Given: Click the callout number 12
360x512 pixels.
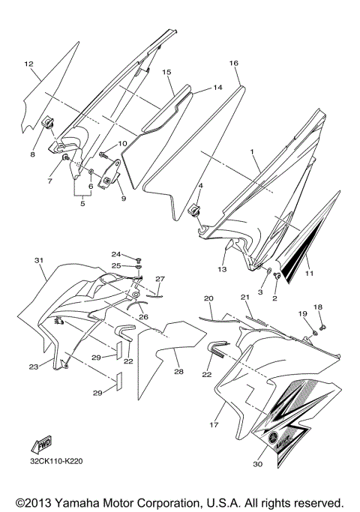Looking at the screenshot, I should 29,64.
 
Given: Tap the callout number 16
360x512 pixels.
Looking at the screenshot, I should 233,63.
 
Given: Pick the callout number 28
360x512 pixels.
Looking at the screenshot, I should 178,371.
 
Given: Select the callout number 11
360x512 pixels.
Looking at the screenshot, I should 308,274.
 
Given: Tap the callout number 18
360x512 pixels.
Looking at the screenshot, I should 319,307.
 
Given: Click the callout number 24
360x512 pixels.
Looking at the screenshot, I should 116,253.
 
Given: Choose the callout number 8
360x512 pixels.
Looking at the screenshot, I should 33,154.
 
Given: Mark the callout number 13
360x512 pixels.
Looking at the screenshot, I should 222,268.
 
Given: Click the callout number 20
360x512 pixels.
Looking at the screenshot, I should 208,298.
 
